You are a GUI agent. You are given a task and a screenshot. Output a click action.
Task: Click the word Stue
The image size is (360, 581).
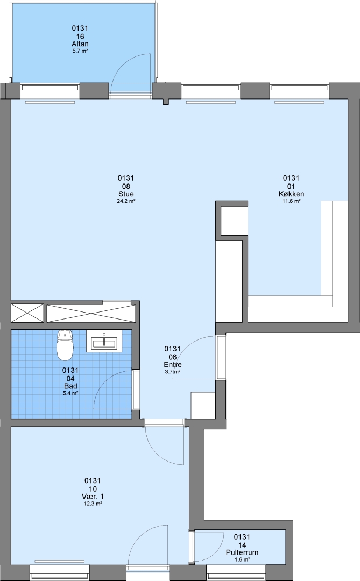coord(126,194)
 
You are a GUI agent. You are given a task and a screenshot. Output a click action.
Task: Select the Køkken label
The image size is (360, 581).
coord(292,194)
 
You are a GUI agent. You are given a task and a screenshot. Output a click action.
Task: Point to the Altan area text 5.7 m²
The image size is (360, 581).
coord(80,51)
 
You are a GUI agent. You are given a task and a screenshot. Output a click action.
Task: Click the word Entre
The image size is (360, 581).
coord(173,365)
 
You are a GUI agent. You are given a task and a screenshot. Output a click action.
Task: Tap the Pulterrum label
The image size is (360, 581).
coord(242,552)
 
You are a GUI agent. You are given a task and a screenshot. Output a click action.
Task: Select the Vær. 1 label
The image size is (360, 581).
coord(93,497)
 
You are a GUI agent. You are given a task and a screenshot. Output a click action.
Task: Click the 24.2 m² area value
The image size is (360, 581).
coord(126,201)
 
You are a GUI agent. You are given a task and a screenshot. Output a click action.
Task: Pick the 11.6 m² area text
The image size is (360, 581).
coord(292,201)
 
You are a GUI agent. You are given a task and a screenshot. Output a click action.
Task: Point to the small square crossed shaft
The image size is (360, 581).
coord(27,313)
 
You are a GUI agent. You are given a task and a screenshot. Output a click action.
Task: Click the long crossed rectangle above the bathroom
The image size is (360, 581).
coord(91,314)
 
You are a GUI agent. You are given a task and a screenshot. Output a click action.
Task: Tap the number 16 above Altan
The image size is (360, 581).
coord(80,37)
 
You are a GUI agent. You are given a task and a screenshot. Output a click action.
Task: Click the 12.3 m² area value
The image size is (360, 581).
coord(93,504)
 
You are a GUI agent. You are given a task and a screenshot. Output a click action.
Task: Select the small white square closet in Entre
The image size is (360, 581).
coord(203,405)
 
